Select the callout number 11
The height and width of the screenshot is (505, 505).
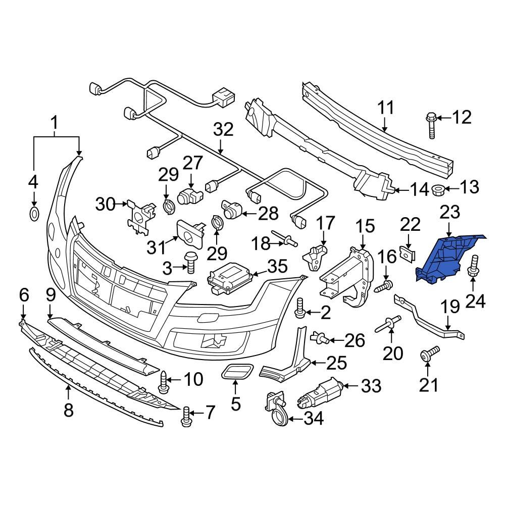tap(385, 109)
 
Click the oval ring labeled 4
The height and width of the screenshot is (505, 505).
tap(34, 214)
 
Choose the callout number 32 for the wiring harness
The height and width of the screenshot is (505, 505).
tap(223, 130)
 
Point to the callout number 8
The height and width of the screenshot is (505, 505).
tap(69, 410)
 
